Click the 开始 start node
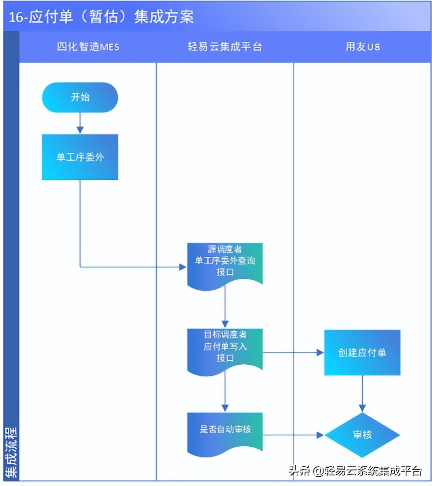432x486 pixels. [x=80, y=97]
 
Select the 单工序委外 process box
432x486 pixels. [x=80, y=157]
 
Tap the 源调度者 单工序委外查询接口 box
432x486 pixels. [x=225, y=264]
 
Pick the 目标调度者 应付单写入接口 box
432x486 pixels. [x=225, y=349]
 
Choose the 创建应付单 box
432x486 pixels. [x=362, y=353]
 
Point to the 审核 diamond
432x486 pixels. [x=362, y=435]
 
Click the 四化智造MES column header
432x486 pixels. [x=88, y=47]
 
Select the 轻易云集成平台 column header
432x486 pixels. [x=225, y=47]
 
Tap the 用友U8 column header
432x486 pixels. [x=362, y=47]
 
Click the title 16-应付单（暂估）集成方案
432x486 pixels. [x=101, y=17]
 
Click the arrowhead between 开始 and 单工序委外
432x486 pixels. [x=80, y=130]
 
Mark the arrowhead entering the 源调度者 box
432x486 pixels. [x=183, y=267]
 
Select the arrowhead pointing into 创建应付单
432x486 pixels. [x=320, y=353]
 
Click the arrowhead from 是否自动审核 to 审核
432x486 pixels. [x=320, y=435]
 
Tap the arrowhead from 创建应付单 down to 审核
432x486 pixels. [x=362, y=408]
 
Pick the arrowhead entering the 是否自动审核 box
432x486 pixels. [x=225, y=408]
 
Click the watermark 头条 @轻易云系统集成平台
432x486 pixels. [x=355, y=471]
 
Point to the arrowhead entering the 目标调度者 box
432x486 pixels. [x=225, y=324]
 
